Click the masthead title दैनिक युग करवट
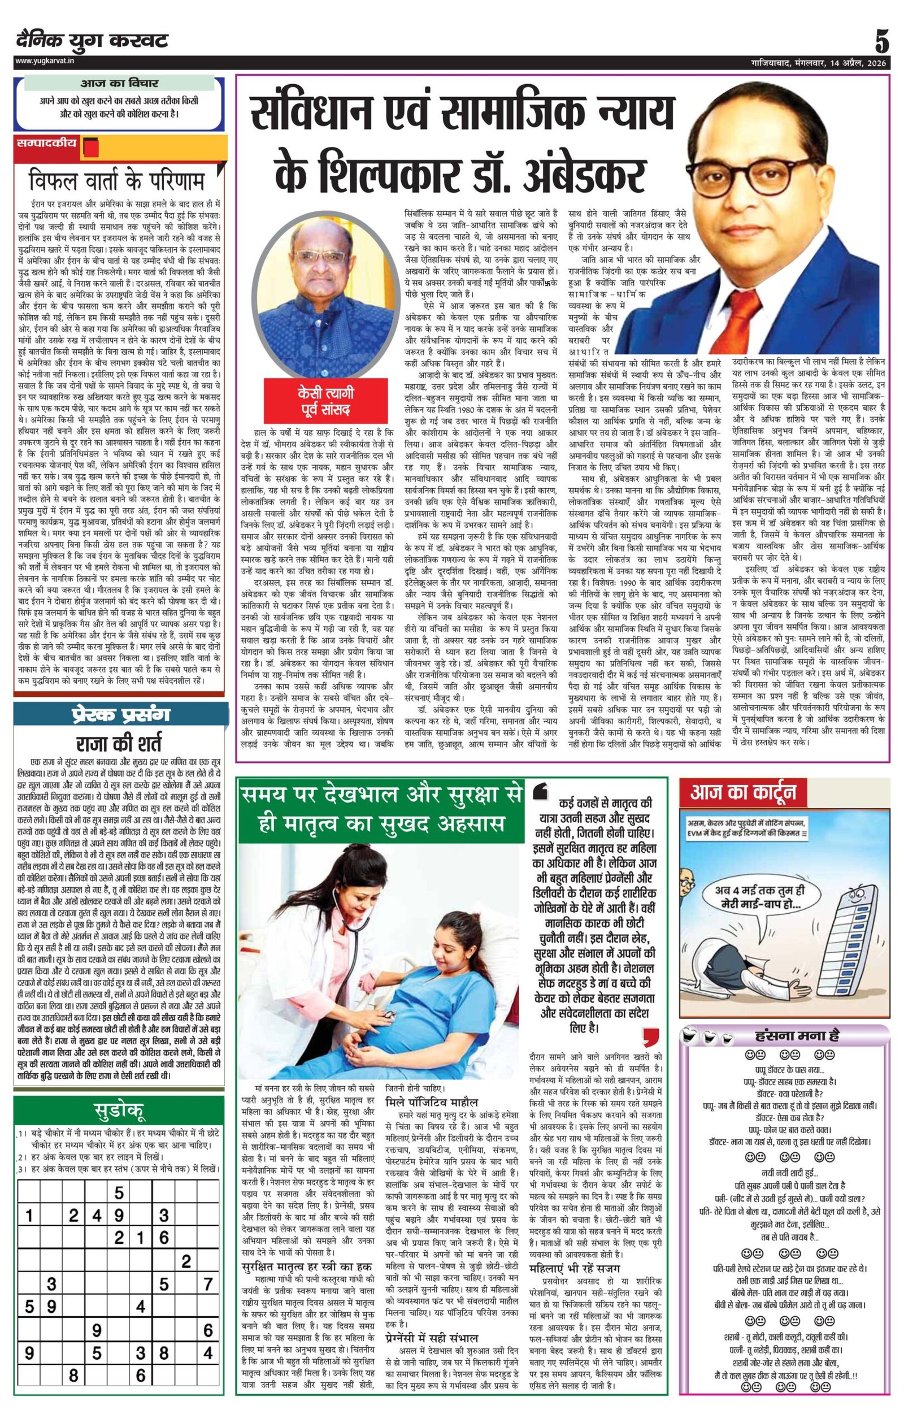(x=92, y=41)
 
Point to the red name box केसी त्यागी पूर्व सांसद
(x=325, y=401)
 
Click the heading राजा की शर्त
(x=119, y=743)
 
